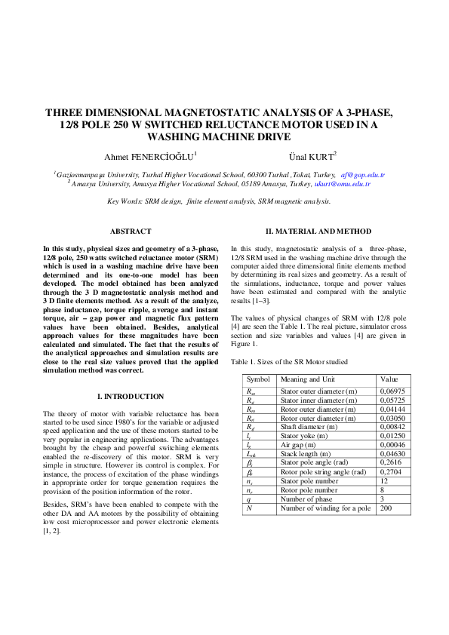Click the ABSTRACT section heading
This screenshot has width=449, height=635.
tap(131, 232)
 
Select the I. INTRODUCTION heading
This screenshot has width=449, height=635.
tap(131, 397)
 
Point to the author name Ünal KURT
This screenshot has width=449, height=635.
tap(310, 156)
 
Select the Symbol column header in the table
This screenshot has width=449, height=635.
tap(258, 379)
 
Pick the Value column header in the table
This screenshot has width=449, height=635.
tap(389, 379)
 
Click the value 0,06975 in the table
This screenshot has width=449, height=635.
tap(393, 391)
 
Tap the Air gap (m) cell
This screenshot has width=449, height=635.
tap(301, 445)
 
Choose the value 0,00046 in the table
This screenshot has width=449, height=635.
tap(393, 445)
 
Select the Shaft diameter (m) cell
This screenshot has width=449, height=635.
tap(310, 427)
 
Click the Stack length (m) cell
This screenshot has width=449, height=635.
tap(307, 454)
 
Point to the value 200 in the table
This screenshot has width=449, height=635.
tap(387, 508)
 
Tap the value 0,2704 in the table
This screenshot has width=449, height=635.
tap(391, 472)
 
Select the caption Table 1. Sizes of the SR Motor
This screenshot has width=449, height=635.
tap(290, 362)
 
